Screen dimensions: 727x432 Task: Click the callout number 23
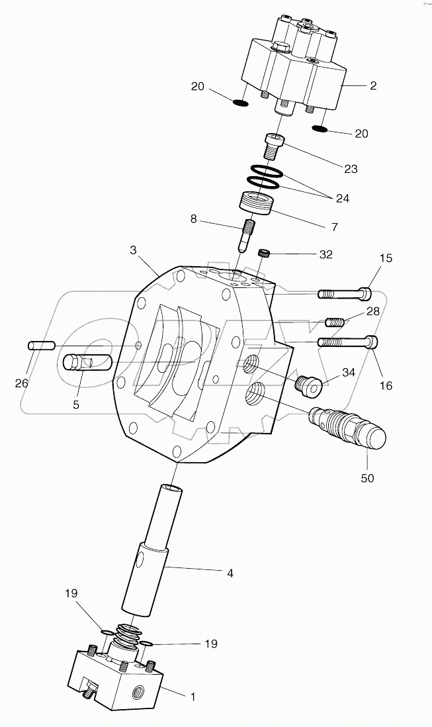[350, 169]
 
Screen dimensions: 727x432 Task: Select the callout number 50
[367, 477]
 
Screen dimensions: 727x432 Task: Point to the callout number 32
[325, 254]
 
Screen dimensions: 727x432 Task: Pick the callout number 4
[230, 573]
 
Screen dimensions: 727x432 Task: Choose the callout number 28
[373, 311]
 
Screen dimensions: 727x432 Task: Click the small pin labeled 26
[40, 346]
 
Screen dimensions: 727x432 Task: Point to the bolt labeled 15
[344, 293]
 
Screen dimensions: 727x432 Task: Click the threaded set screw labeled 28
[335, 323]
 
